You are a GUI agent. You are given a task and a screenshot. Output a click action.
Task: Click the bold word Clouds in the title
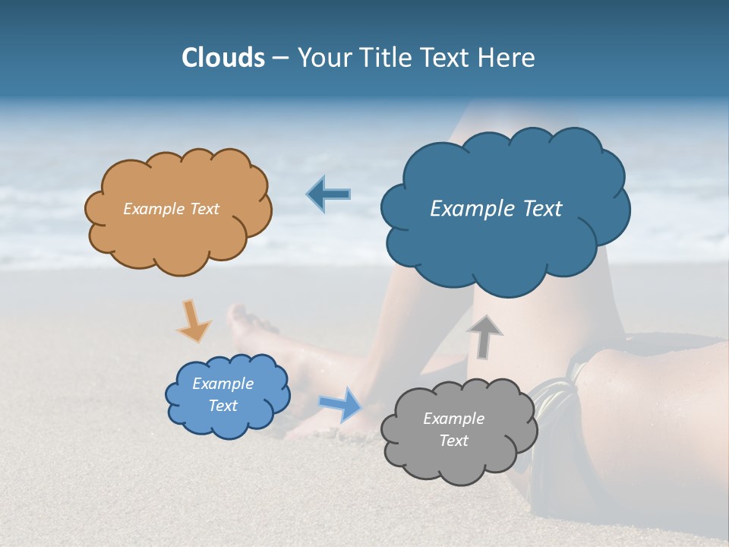(x=223, y=58)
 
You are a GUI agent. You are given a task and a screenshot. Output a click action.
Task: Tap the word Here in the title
(x=508, y=58)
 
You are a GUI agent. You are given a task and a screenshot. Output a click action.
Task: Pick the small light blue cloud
(x=227, y=422)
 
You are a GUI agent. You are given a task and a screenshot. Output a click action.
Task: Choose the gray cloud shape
(x=459, y=463)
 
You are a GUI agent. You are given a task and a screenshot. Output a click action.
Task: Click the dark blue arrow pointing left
(x=329, y=194)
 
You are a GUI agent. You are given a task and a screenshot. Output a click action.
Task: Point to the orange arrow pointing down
(x=194, y=321)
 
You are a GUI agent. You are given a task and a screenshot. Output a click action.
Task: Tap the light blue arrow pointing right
(x=341, y=403)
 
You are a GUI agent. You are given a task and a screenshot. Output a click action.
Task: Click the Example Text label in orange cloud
(x=171, y=209)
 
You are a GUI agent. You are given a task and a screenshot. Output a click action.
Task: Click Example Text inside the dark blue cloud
(x=496, y=209)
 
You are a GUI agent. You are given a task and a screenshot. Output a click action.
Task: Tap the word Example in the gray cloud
(x=453, y=419)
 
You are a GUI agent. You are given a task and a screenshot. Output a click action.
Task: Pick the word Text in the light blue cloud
(x=223, y=406)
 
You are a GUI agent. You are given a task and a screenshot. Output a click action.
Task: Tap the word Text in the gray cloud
(x=453, y=441)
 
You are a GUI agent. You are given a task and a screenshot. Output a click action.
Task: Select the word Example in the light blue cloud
(x=223, y=384)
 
